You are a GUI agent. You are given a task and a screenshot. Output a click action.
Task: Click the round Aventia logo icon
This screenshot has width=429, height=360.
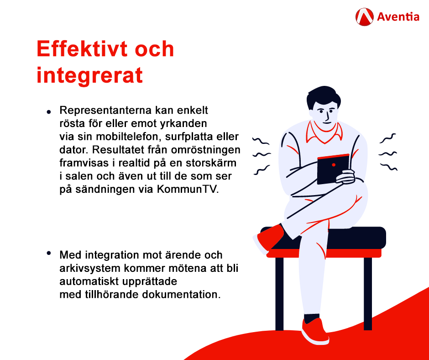(x=365, y=17)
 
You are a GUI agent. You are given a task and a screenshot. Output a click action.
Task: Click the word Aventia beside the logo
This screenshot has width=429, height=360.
(x=398, y=17)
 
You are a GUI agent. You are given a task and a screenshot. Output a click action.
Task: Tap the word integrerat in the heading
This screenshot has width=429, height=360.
(x=90, y=75)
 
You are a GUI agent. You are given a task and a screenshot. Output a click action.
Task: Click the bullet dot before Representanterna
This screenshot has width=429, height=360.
(x=49, y=112)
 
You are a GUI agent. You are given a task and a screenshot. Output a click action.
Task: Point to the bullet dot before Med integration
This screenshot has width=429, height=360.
(x=49, y=253)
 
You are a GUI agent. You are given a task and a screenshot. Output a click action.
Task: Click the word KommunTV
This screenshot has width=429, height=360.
(x=188, y=189)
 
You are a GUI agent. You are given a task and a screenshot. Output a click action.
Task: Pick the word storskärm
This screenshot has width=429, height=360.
(x=211, y=163)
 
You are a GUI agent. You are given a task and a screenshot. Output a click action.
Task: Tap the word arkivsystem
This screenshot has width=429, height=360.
(x=90, y=269)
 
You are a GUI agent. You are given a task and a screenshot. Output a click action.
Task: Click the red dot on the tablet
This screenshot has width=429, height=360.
(x=334, y=164)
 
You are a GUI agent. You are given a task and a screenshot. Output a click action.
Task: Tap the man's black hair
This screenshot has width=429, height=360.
(x=323, y=96)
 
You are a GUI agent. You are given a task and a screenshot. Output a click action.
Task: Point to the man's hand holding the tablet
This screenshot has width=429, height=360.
(x=346, y=177)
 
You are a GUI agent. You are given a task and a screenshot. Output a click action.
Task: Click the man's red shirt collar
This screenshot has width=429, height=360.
(x=324, y=132)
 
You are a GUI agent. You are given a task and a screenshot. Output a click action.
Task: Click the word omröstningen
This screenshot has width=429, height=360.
(x=206, y=150)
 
